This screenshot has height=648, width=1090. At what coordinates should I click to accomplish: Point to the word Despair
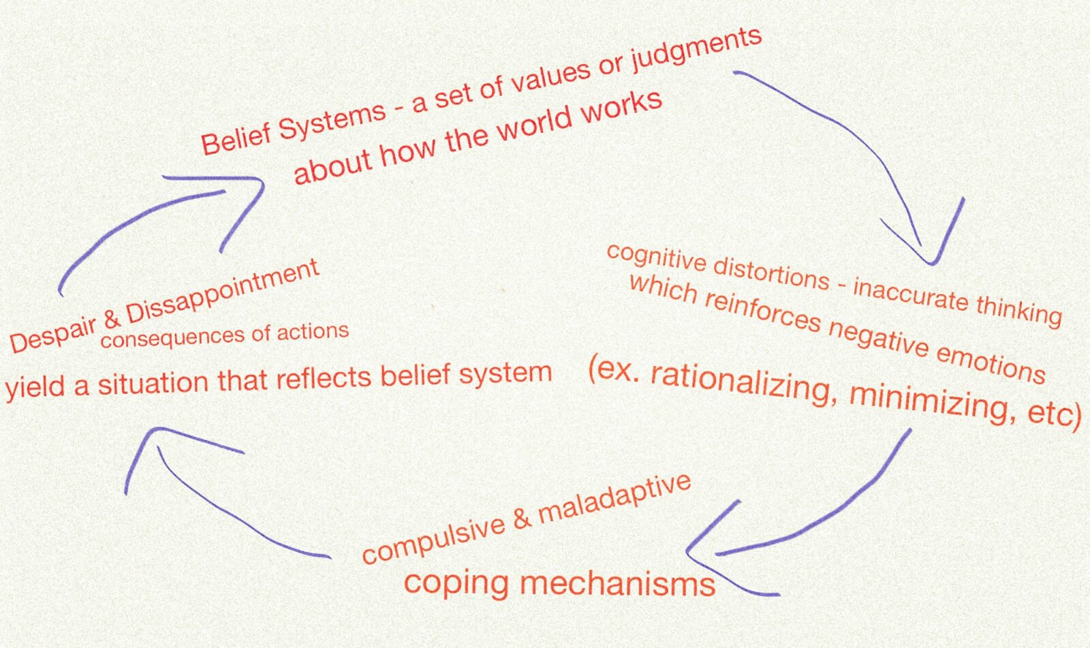point(52,332)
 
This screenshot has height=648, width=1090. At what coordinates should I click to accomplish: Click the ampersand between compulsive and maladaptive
point(521,519)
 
